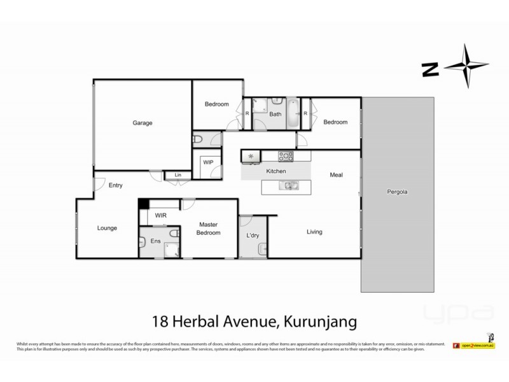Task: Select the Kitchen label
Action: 276,172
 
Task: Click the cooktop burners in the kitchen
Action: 284,155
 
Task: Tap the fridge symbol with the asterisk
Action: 250,155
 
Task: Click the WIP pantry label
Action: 208,163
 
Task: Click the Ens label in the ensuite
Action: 156,241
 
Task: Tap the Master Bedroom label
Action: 209,229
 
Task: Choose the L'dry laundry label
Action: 253,236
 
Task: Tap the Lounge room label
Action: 106,228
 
